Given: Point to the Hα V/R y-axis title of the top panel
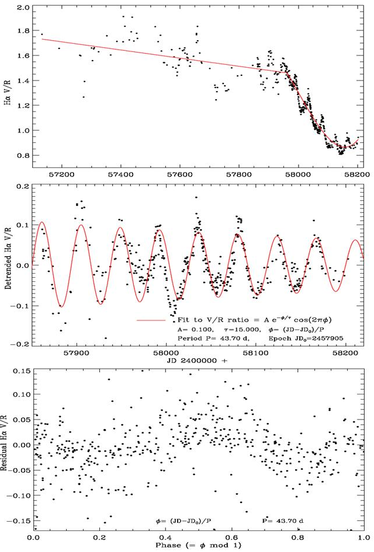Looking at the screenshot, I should [8, 88].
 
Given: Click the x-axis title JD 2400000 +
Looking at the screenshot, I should [198, 361].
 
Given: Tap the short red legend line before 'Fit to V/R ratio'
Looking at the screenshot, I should [150, 320].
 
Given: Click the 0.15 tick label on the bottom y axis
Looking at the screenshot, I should [22, 371].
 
